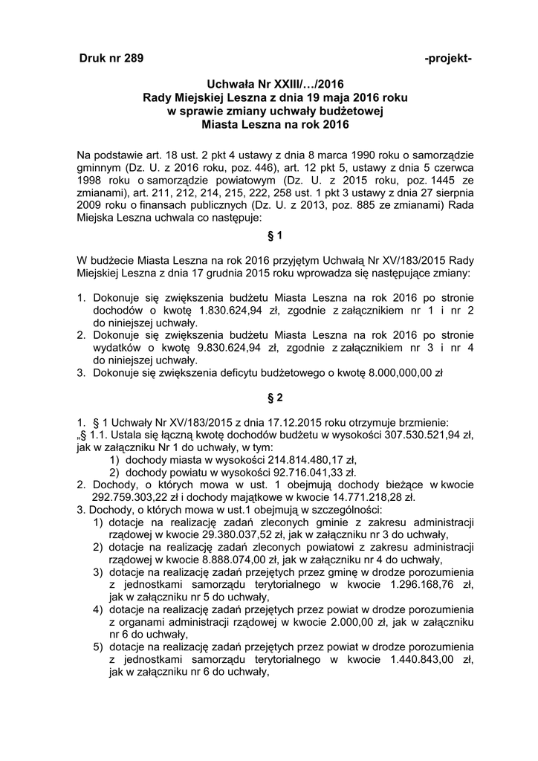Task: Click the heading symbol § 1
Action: coord(274,236)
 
